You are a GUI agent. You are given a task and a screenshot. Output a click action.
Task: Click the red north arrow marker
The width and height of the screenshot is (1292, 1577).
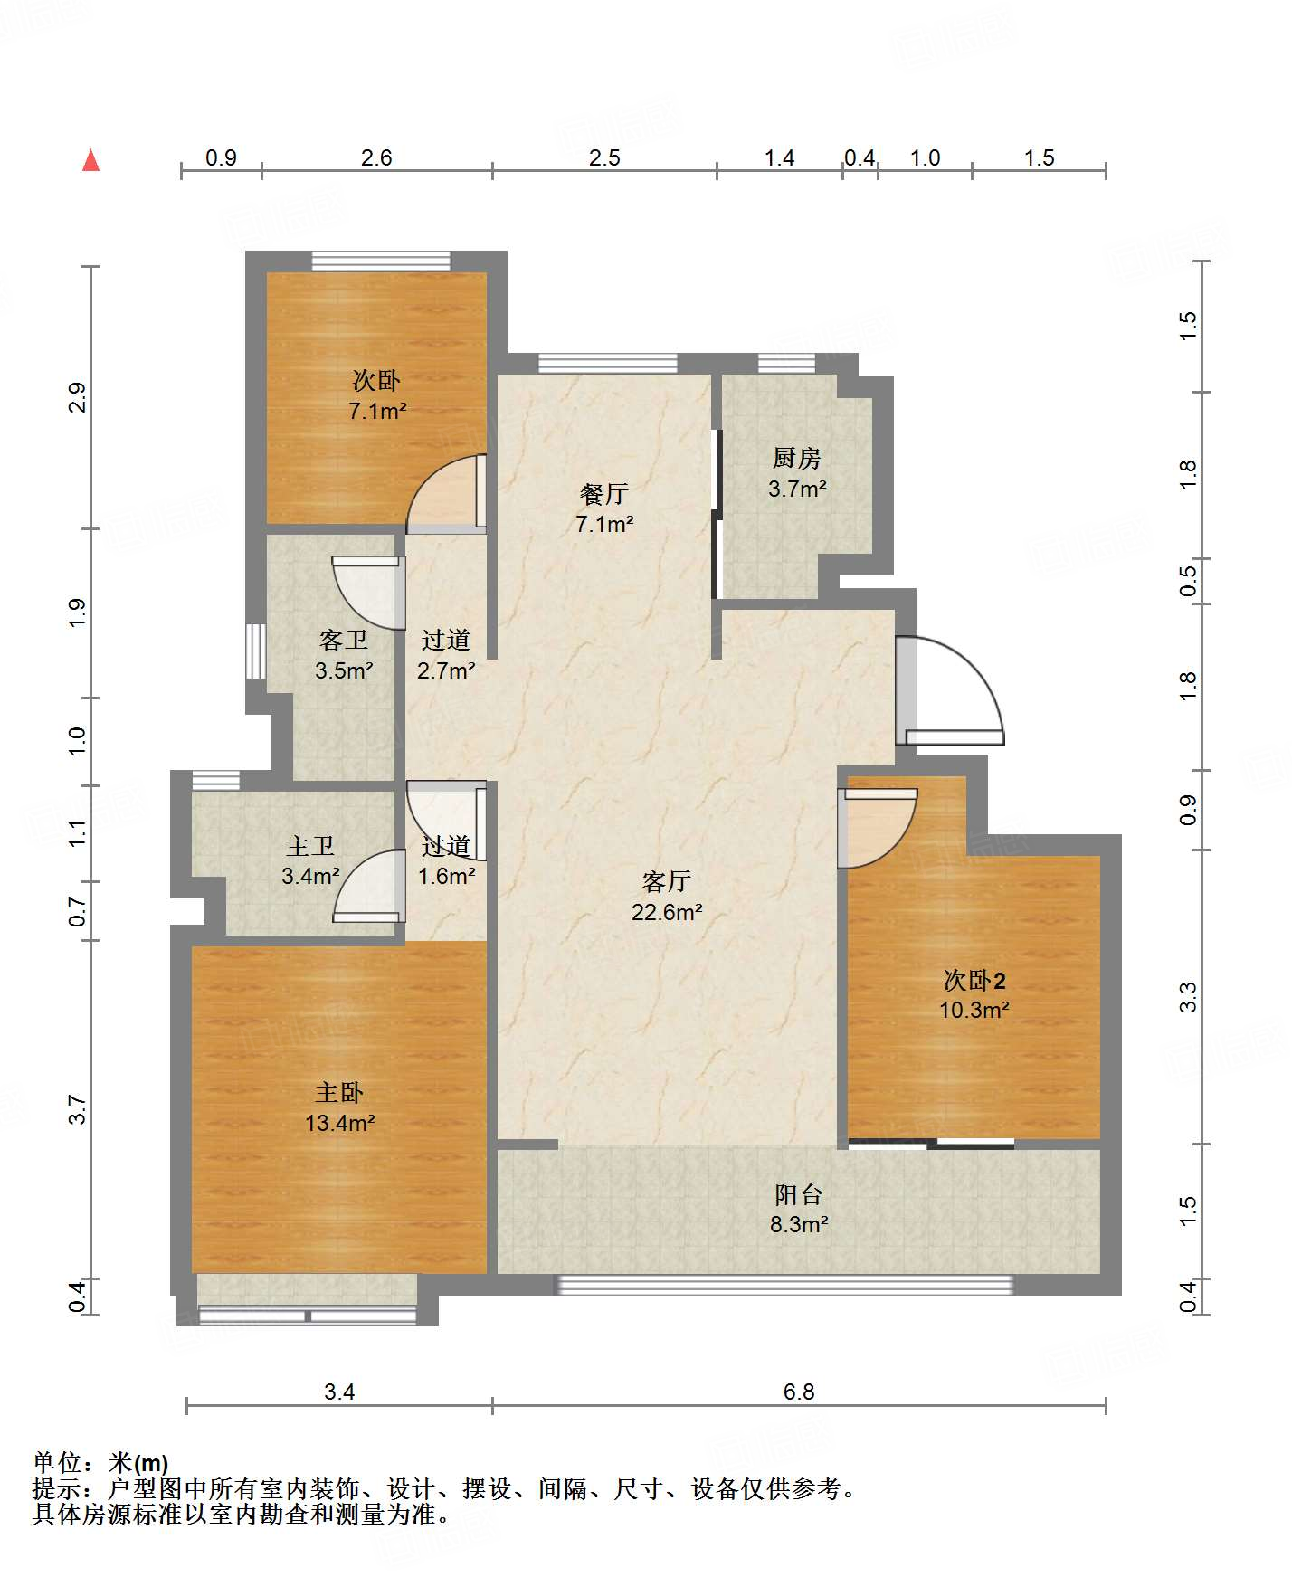(90, 160)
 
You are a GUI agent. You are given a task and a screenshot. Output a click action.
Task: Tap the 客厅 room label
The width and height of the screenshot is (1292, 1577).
(667, 881)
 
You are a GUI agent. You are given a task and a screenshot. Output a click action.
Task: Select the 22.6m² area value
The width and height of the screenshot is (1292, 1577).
(667, 912)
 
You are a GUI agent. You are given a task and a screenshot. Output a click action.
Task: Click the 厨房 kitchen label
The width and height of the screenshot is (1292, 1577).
(797, 459)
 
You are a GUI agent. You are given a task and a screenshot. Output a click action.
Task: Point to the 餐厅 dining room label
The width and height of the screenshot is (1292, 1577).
(604, 494)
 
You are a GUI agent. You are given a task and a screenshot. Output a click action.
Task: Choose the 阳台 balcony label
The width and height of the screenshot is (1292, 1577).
(799, 1195)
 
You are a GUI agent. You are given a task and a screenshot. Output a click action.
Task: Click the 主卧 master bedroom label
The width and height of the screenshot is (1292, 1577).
(339, 1093)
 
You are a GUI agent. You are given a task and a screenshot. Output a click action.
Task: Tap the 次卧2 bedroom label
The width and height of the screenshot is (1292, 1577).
(974, 980)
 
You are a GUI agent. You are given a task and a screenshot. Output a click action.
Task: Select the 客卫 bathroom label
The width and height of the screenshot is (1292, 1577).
(344, 641)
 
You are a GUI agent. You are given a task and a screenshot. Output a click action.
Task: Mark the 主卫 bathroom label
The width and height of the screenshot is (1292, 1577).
(310, 846)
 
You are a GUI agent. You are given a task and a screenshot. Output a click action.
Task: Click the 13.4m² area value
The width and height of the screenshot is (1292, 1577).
(340, 1124)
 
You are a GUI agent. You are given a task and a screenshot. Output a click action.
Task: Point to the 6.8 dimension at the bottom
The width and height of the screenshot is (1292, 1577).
(799, 1392)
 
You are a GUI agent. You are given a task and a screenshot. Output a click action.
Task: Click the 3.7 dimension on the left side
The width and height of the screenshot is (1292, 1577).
(78, 1110)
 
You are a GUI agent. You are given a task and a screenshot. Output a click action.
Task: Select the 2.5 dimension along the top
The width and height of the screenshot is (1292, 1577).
(604, 158)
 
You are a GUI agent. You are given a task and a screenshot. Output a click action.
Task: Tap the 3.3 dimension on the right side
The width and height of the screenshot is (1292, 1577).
(1188, 997)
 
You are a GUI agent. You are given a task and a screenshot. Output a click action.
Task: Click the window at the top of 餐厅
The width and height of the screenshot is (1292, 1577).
(608, 364)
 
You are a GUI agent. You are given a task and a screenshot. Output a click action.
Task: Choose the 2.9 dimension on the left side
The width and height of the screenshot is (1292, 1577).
(78, 398)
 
